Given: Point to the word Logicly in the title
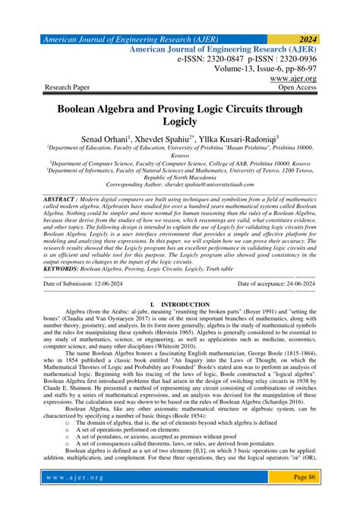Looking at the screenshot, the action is click(x=179, y=122).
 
